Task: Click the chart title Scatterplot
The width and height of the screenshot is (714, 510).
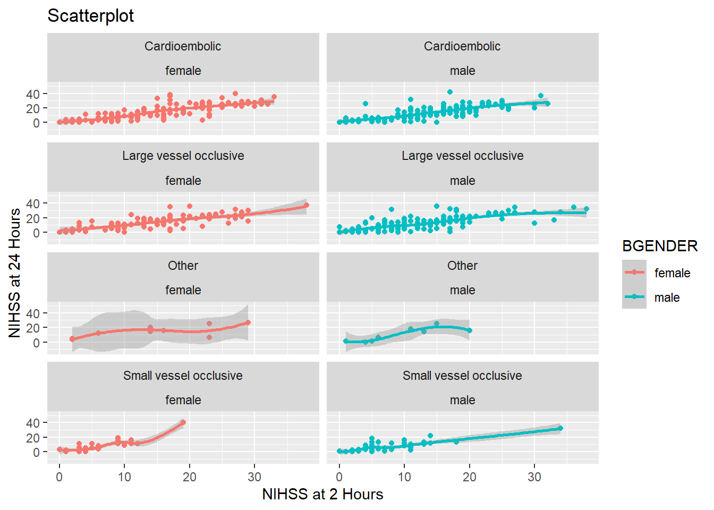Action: click(x=90, y=16)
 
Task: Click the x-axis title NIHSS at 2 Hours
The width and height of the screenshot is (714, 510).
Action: click(x=322, y=494)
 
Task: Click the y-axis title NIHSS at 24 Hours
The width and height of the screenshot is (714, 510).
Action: click(x=15, y=273)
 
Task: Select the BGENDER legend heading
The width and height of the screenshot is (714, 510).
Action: click(x=660, y=246)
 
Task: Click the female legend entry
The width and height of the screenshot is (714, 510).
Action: click(x=672, y=273)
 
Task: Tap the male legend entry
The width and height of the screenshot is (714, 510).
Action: click(x=667, y=297)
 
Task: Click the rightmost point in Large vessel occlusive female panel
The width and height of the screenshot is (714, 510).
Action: click(x=306, y=205)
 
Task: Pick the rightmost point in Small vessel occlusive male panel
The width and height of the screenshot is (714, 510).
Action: click(x=560, y=428)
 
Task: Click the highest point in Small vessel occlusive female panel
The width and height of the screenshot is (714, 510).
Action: click(x=183, y=423)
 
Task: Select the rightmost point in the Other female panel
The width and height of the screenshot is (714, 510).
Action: click(x=248, y=322)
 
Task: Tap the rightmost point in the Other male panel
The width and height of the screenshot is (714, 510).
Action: click(x=470, y=330)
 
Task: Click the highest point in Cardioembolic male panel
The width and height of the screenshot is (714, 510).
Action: click(x=450, y=92)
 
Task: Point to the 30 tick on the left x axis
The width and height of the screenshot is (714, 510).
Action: click(x=254, y=477)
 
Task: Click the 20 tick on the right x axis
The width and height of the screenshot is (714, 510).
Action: click(x=470, y=477)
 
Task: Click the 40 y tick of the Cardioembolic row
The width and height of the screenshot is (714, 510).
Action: click(x=33, y=94)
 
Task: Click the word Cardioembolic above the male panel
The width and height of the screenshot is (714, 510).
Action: click(x=462, y=46)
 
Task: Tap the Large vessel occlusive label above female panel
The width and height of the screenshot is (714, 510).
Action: click(x=183, y=156)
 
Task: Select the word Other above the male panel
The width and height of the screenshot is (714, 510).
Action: click(x=462, y=266)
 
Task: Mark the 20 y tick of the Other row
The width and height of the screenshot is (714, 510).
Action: click(x=33, y=328)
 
